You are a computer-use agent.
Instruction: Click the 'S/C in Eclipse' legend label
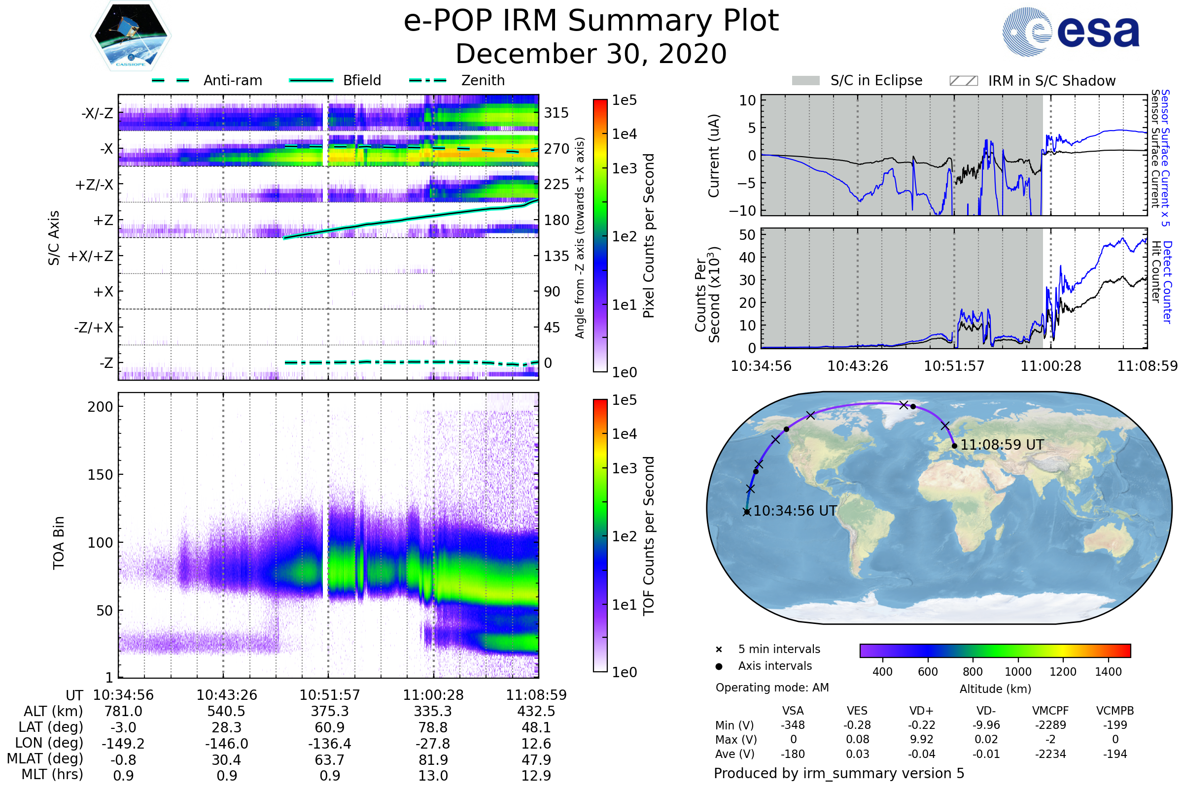point(876,81)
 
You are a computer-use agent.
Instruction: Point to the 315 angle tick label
point(557,113)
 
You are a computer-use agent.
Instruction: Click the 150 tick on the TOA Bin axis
point(100,475)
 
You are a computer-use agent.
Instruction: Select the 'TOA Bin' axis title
point(59,543)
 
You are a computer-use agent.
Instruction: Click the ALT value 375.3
point(330,712)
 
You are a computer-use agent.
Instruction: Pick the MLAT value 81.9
point(433,760)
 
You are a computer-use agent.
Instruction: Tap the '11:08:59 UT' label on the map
point(1002,445)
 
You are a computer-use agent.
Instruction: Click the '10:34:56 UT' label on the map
point(795,511)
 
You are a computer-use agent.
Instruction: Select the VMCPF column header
point(1050,711)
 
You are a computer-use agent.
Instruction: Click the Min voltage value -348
point(793,725)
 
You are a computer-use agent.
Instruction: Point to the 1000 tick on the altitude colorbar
point(1017,672)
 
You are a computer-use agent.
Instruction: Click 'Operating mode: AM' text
point(772,688)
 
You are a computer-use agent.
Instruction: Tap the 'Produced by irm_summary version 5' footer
point(839,773)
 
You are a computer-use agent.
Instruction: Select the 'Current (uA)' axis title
point(714,156)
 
